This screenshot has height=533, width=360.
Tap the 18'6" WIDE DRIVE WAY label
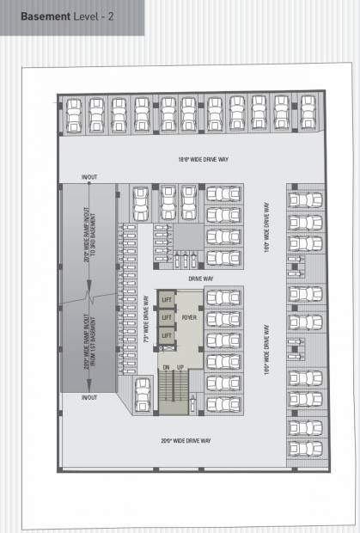tap(196, 160)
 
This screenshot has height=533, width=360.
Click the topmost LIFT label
tap(167, 299)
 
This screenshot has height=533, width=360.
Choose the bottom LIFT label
tap(167, 335)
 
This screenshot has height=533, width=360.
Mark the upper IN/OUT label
tap(88, 179)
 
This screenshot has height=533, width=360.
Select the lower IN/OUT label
tap(88, 398)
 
